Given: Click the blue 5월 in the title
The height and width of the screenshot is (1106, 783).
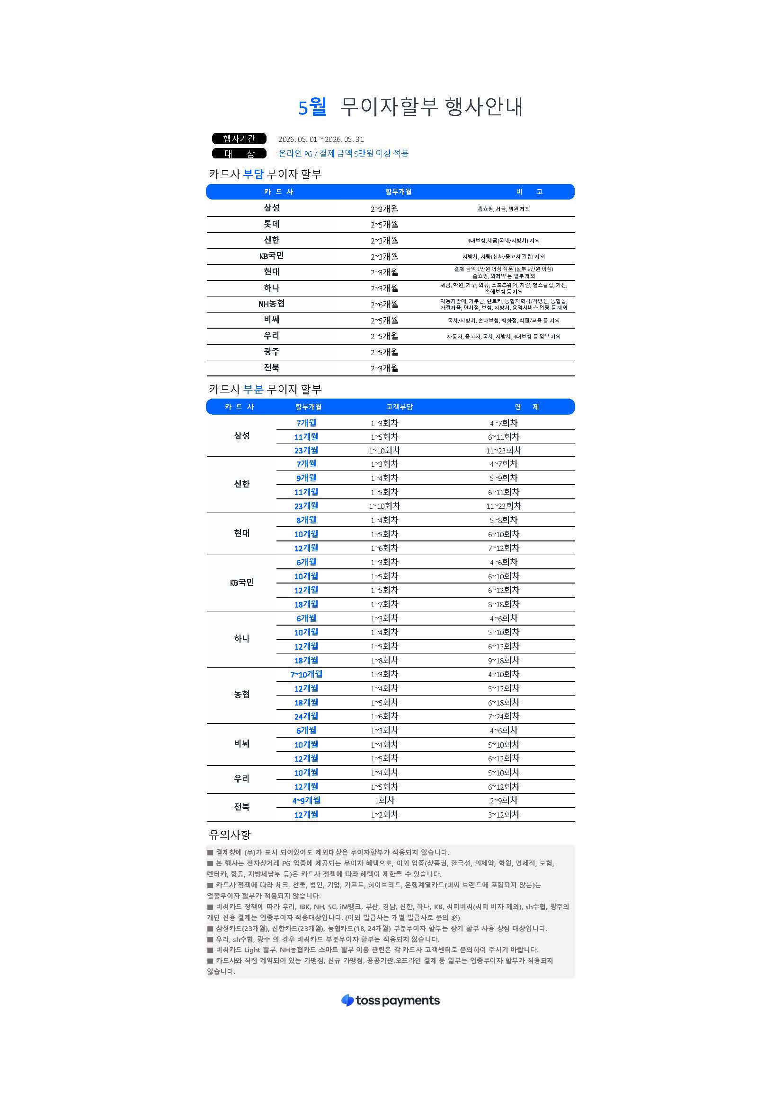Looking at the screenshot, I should pos(312,106).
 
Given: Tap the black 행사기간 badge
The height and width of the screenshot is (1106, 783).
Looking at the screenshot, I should pos(239,139).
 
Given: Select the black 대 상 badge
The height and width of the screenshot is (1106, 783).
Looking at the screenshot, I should pos(239,154).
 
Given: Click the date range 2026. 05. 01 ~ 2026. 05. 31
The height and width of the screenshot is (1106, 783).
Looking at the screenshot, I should pos(320,139).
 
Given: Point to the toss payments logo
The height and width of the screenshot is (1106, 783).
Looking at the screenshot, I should pos(391,1001).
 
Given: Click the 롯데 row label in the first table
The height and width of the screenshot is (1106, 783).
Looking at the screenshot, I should pos(271,224).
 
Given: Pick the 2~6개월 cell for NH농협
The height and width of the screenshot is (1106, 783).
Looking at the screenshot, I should pos(384,304).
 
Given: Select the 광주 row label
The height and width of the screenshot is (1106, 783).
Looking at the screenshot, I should pos(271,352).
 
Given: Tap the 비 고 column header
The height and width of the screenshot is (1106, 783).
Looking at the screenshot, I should pos(529,192).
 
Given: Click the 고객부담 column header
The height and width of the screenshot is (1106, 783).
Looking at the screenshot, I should pos(399,407).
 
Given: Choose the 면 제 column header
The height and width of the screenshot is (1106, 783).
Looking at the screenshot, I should pos(526,407).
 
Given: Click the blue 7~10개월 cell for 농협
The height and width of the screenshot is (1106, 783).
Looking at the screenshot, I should pos(306,674).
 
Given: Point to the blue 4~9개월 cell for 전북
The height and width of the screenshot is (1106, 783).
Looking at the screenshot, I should pos(306,800).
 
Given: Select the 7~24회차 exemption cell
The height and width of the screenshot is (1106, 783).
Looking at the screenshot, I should pos(503,716).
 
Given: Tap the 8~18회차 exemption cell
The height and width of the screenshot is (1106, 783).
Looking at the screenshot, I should pos(503,604).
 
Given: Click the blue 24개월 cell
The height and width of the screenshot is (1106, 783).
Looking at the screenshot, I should pos(306,716).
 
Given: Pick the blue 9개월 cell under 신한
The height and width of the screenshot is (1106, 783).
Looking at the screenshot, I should pos(306,478).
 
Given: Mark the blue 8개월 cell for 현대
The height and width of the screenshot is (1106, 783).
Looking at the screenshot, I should pos(306,520).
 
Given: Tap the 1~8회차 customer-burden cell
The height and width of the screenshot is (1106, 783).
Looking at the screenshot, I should pos(384,660).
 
